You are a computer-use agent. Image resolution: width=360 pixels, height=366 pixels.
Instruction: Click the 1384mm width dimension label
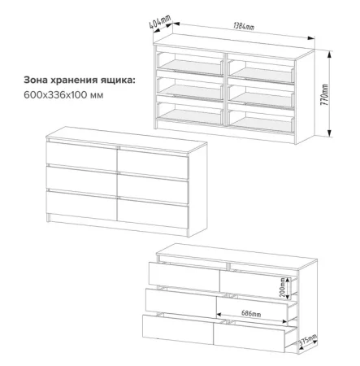[x=244, y=26]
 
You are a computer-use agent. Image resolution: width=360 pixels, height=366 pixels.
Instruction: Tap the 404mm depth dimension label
[x=160, y=21]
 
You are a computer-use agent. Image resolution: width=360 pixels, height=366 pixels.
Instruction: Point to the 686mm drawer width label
[x=251, y=313]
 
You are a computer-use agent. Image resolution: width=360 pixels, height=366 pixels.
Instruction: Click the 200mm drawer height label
[x=283, y=287]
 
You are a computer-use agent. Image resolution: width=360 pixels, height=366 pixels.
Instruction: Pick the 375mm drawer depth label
[x=308, y=340]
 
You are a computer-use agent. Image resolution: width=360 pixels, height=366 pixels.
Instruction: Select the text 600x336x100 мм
[x=63, y=95]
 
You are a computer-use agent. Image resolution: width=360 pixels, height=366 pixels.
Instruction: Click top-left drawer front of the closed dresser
[x=81, y=156]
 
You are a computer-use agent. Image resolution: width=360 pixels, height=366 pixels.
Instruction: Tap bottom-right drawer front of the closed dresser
[x=153, y=213]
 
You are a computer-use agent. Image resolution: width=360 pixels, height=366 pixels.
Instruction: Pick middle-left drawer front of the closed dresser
[x=81, y=181]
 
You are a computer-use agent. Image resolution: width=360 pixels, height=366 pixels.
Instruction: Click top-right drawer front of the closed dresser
[x=153, y=163]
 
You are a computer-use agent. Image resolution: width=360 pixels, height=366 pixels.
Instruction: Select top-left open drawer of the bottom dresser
[x=184, y=276]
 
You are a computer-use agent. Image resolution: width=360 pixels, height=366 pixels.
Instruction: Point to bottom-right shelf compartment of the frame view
[x=262, y=122]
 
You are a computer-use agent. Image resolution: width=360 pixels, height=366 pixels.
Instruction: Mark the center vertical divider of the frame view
[x=225, y=89]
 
